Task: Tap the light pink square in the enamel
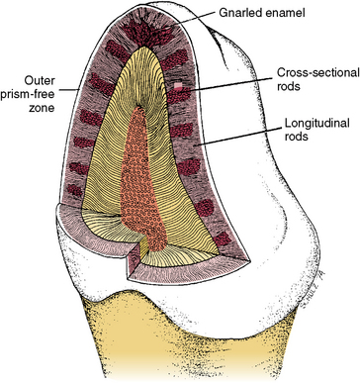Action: [x=206, y=88]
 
